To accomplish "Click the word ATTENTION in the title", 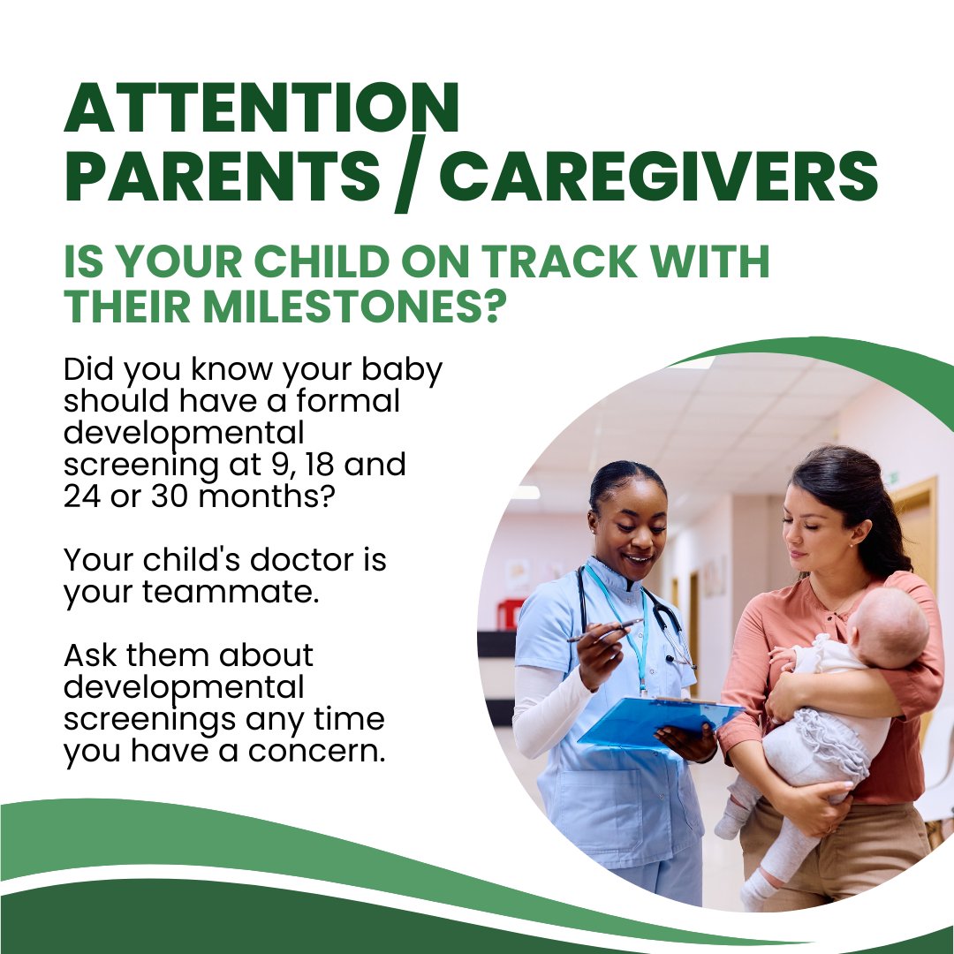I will point(261,110).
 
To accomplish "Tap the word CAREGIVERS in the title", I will point(658,176).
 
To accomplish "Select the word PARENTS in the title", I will point(221,176).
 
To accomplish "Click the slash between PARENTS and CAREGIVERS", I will point(407,179).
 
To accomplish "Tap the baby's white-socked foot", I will point(731,821).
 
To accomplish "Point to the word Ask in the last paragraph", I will point(96,656).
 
